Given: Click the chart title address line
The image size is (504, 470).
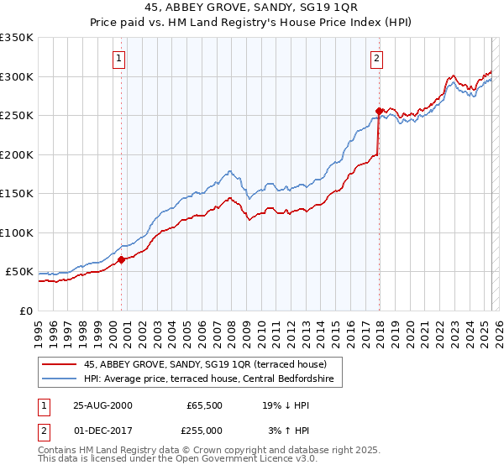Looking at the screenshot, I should coord(252,8).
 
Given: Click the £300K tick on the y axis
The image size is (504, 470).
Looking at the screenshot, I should coord(17,76).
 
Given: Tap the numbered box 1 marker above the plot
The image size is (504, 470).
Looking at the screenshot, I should coord(119,59).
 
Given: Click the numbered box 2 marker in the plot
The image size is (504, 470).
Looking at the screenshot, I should coord(377,59).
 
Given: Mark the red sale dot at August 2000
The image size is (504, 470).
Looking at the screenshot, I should coord(122,259).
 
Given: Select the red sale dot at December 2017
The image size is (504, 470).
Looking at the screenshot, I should coord(379,111).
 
